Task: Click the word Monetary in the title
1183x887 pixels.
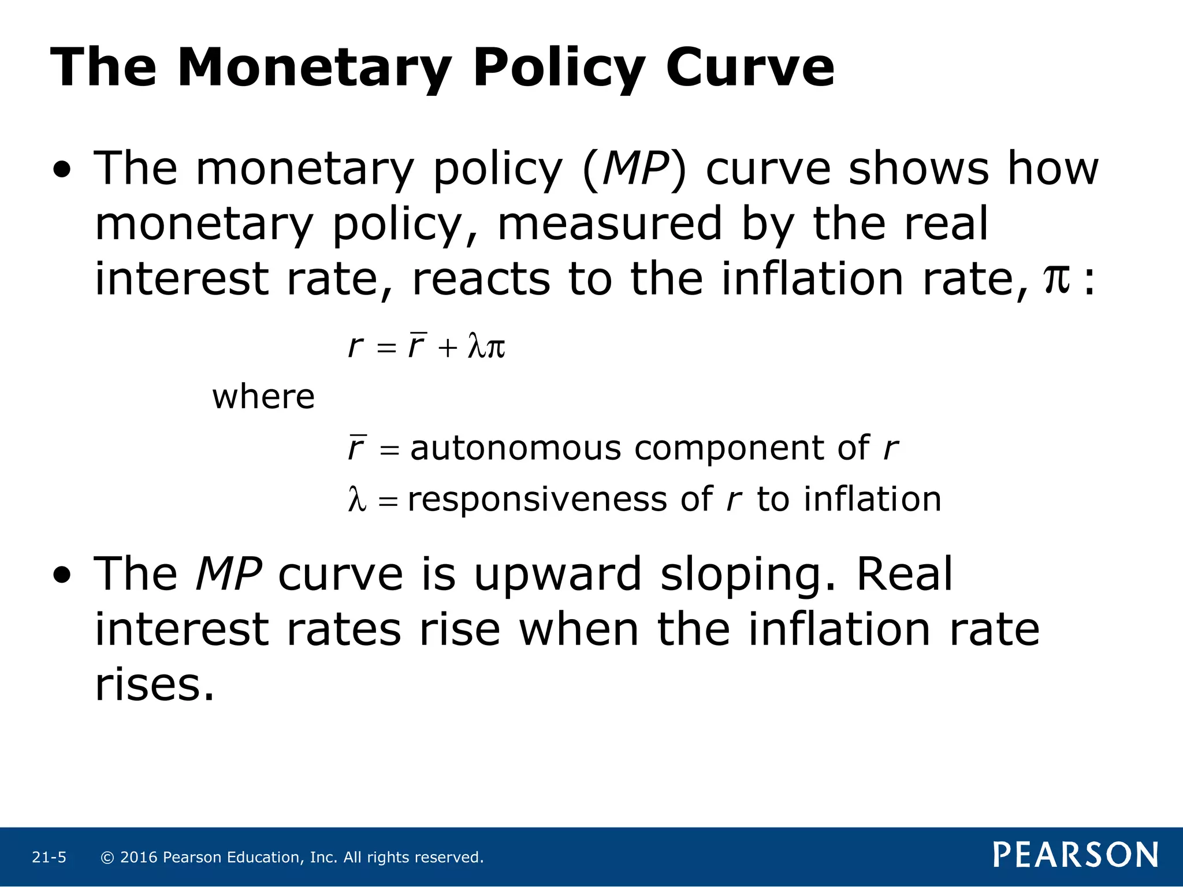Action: [x=315, y=68]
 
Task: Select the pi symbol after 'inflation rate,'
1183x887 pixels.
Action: [x=1056, y=279]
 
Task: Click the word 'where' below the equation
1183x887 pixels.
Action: [x=263, y=397]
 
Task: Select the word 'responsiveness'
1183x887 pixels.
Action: [x=537, y=499]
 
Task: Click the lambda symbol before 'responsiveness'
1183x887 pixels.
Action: [x=357, y=500]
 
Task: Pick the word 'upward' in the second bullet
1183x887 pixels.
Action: [x=557, y=575]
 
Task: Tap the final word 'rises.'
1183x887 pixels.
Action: [x=155, y=685]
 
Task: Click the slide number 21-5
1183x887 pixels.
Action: [x=49, y=858]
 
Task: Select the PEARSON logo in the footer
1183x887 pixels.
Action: [x=1076, y=855]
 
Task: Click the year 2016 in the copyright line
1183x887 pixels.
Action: [x=139, y=858]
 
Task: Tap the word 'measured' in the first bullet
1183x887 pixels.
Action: [x=609, y=224]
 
